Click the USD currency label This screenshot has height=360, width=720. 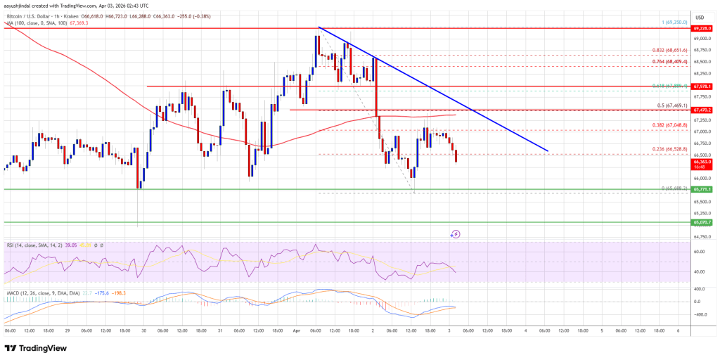700,18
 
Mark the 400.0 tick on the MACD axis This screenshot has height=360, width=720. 700,289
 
